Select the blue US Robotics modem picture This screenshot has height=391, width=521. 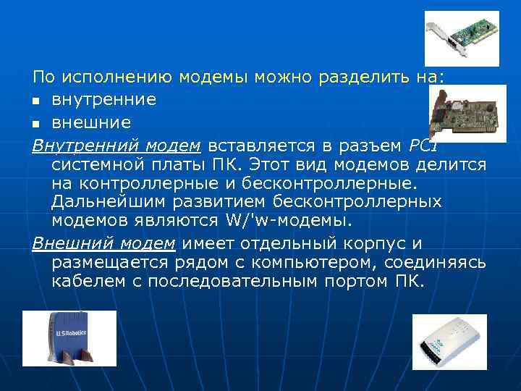tap(69, 338)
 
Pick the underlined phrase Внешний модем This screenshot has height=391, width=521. tap(103, 243)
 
